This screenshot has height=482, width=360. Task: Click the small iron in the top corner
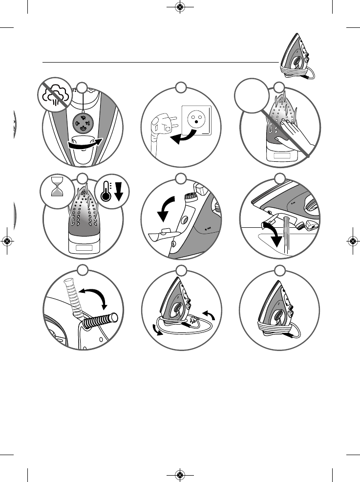tap(296, 55)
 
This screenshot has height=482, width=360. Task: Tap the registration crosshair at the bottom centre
tap(180, 475)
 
